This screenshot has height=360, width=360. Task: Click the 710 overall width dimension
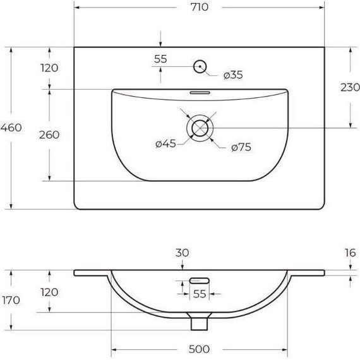point(200,8)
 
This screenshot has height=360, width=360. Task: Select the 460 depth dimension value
point(11,128)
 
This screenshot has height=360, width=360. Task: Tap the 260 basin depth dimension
point(49,135)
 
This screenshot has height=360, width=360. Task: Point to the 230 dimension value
point(350,88)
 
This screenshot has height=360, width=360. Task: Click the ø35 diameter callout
point(233,75)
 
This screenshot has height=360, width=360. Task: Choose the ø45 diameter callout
point(165,144)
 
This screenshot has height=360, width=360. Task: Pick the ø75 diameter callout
point(241,147)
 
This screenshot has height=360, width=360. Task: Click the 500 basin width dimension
point(199,349)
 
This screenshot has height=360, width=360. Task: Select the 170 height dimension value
point(11,300)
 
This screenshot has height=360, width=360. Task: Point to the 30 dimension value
point(182,253)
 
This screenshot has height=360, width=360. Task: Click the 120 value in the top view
point(49,68)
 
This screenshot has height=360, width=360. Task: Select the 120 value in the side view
point(49,292)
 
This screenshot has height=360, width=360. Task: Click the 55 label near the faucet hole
point(160,59)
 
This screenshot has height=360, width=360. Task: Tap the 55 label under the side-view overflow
point(200,294)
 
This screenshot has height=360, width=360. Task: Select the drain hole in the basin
point(200,127)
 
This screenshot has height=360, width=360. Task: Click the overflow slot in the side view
point(200,279)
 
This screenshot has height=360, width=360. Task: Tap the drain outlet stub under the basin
point(200,322)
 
